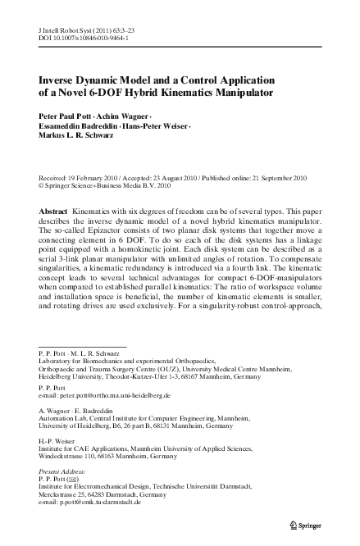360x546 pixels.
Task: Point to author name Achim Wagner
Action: point(127,116)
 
